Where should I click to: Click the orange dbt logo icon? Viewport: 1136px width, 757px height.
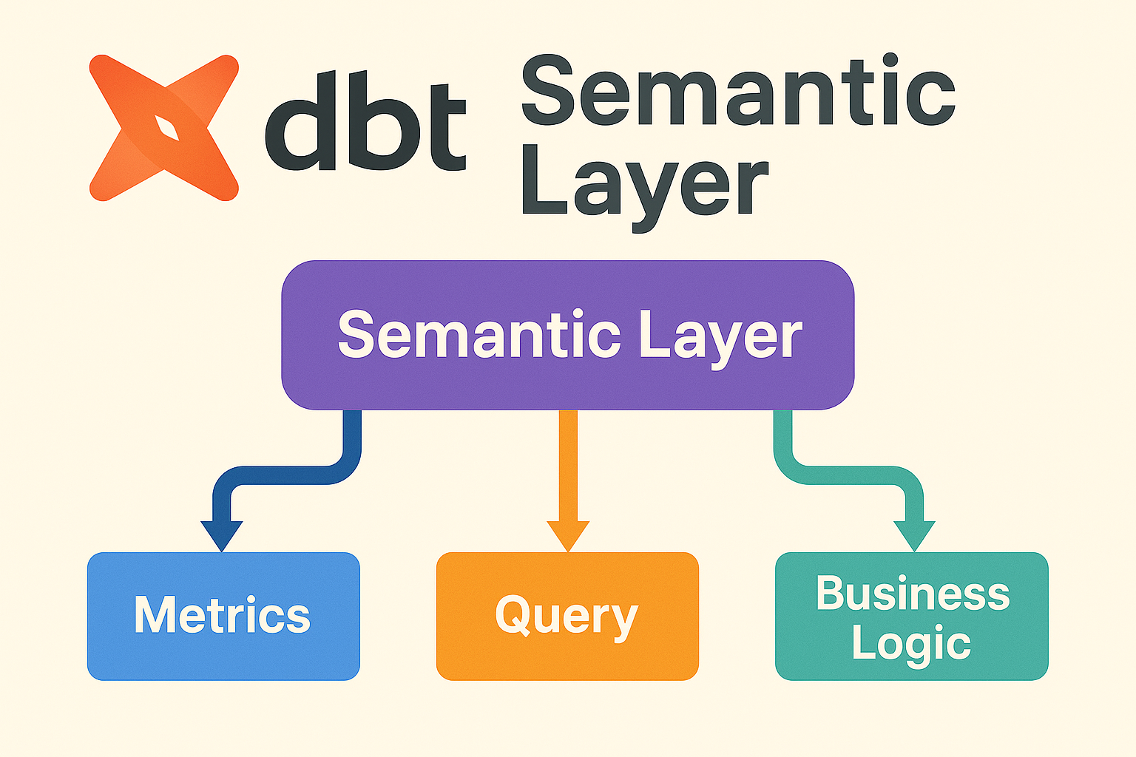163,127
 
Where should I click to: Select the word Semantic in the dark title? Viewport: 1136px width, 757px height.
738,92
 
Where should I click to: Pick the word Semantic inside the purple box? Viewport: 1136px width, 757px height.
479,335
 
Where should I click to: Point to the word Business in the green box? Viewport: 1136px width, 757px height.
913,593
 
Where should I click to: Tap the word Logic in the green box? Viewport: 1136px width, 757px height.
910,643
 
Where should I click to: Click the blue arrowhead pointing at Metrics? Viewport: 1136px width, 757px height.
222,534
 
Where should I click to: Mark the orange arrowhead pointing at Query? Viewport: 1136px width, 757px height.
568,534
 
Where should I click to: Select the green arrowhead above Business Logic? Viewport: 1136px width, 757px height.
914,534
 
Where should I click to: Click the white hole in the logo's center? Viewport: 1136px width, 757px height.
166,129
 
